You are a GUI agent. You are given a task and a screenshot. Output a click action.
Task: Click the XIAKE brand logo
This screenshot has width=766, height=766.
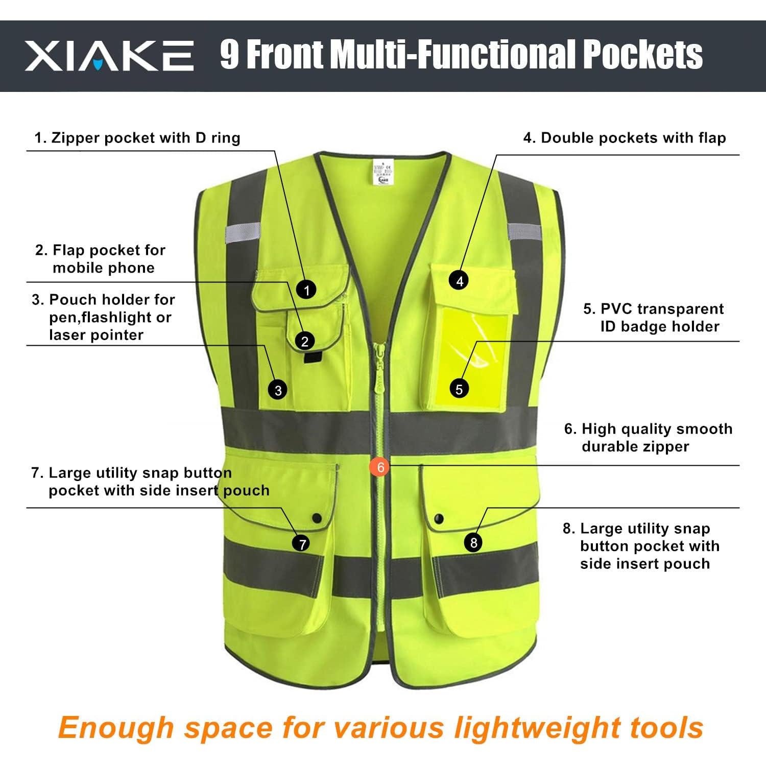click(109, 56)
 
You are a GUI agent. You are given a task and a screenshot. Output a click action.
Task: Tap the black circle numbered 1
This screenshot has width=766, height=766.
click(306, 290)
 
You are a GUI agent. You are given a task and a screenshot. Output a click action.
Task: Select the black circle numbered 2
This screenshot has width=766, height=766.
click(305, 341)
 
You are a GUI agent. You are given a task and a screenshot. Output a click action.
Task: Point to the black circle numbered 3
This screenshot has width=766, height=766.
click(278, 391)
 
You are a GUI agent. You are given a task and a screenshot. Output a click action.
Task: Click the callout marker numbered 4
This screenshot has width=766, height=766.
click(460, 280)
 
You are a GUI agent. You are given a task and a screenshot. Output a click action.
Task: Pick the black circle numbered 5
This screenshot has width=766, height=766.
click(459, 389)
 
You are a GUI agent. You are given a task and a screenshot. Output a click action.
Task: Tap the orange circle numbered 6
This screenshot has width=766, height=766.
click(380, 466)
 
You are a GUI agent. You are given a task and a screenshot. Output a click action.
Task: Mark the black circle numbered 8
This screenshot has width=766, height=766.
click(473, 542)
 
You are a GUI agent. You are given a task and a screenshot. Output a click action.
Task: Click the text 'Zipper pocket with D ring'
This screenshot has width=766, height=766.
click(137, 138)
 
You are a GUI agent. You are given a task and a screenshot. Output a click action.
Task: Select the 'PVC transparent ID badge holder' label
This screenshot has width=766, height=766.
click(654, 318)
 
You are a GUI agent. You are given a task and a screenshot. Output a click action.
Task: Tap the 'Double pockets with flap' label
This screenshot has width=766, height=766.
click(624, 138)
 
